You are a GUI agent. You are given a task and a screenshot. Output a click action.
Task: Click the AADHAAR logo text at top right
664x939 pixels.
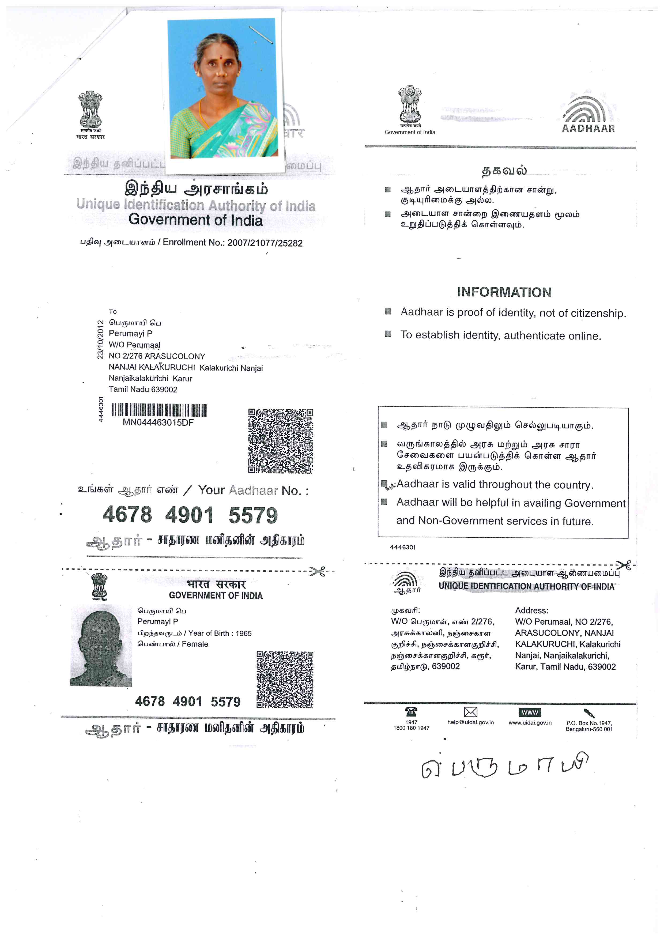click(588, 129)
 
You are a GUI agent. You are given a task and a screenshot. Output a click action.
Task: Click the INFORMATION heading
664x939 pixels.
click(504, 292)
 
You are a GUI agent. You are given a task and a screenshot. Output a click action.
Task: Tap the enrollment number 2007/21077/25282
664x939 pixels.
click(265, 243)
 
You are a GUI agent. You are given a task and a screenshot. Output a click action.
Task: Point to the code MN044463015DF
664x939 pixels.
click(158, 423)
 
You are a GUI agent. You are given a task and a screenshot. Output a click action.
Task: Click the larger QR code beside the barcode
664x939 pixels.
click(281, 441)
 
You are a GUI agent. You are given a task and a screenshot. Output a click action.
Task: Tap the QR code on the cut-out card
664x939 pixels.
click(285, 679)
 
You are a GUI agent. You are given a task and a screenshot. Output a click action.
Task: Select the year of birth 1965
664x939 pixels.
click(244, 633)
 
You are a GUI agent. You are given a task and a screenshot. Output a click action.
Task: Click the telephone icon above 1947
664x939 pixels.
click(411, 712)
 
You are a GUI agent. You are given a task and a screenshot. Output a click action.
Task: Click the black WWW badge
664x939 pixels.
click(530, 712)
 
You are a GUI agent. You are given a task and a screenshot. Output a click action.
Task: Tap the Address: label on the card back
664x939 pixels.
click(531, 610)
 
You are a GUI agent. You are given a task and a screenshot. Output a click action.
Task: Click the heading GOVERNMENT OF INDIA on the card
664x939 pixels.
click(216, 595)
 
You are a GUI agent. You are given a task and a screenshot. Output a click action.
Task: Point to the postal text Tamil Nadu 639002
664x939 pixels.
click(143, 389)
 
